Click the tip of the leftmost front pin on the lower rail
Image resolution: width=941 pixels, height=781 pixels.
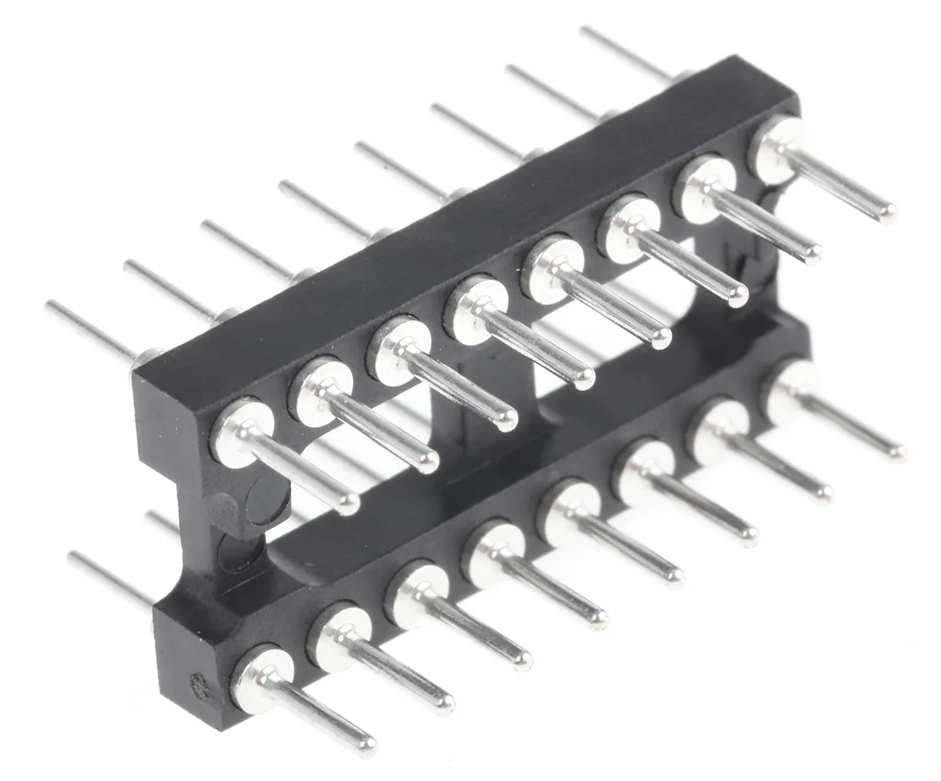tap(366, 743)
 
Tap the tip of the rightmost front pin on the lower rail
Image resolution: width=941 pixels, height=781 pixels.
tap(898, 452)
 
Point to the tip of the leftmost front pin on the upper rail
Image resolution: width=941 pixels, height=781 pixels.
tap(350, 503)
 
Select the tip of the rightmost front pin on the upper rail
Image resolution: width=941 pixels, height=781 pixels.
tap(888, 212)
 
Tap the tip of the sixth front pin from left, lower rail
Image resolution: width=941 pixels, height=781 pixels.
tap(749, 536)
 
